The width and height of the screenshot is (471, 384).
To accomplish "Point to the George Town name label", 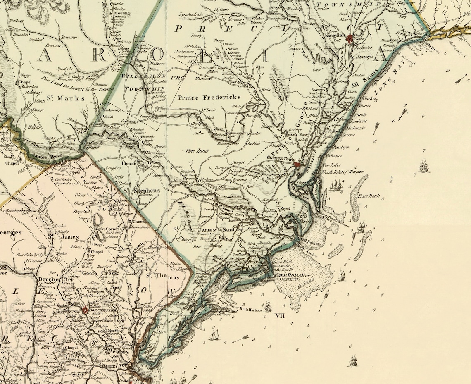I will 280,158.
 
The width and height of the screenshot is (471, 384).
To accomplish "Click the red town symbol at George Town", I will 297,165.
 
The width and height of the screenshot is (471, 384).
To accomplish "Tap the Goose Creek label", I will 100,273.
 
